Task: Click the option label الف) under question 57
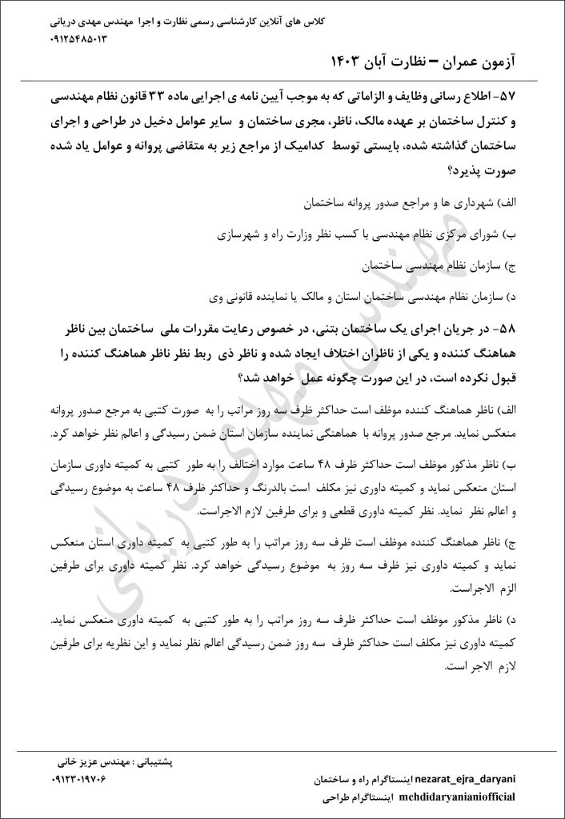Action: [x=530, y=206]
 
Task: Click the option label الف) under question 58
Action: [x=530, y=409]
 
